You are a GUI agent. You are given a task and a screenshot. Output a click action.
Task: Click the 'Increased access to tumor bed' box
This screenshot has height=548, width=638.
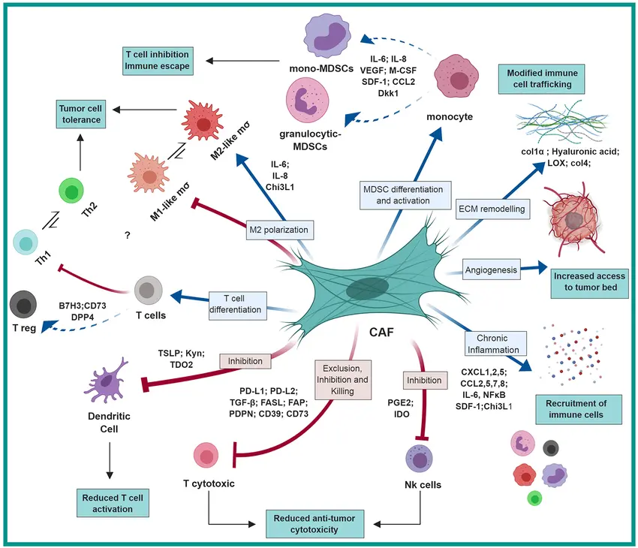(x=588, y=282)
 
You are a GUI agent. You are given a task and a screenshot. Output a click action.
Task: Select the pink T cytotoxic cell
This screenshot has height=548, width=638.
(x=206, y=455)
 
